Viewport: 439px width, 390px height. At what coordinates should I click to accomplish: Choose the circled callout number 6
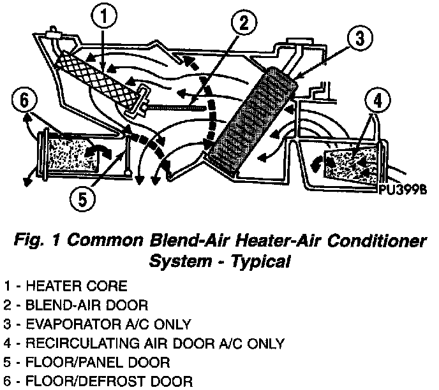click(x=24, y=101)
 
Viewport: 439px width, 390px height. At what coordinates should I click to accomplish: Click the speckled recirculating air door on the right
click(x=351, y=161)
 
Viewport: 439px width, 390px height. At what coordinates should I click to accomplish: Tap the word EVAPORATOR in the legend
click(x=59, y=324)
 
